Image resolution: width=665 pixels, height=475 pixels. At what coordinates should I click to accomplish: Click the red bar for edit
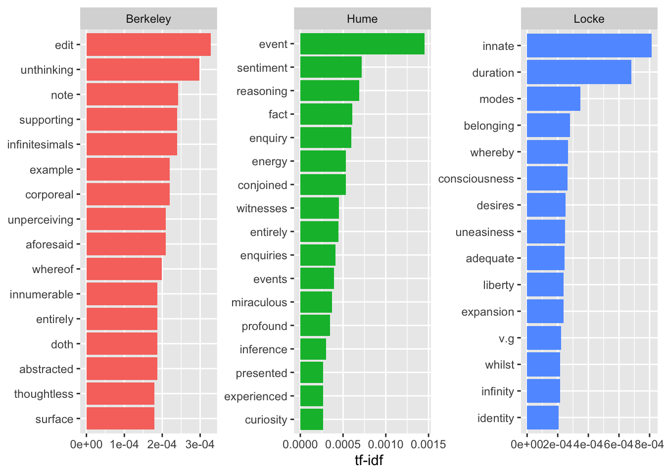click(x=148, y=45)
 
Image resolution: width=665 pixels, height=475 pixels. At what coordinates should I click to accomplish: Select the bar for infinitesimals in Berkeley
click(x=132, y=144)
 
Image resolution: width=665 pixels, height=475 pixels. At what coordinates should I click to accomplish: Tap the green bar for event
click(x=362, y=44)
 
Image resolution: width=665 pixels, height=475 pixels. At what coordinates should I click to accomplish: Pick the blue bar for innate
click(x=589, y=46)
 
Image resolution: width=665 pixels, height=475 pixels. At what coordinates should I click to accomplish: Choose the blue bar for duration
click(x=579, y=72)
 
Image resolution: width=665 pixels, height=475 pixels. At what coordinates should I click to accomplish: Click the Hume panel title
click(x=362, y=19)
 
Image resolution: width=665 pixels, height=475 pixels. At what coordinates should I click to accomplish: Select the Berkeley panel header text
click(x=148, y=19)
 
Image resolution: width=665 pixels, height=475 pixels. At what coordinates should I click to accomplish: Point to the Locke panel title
click(x=589, y=19)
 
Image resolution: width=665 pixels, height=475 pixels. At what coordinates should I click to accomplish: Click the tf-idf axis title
click(x=369, y=461)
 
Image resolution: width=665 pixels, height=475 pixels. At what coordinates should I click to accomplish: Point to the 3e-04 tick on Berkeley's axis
click(x=200, y=444)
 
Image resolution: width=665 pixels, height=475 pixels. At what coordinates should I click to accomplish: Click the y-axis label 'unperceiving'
click(x=41, y=220)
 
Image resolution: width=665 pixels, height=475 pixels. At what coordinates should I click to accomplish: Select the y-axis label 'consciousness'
click(x=476, y=179)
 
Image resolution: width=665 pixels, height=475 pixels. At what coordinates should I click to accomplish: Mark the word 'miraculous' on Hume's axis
click(x=259, y=302)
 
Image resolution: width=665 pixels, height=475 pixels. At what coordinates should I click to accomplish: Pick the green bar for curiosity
click(x=312, y=420)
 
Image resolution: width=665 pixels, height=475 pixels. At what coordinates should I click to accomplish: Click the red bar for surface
click(x=120, y=419)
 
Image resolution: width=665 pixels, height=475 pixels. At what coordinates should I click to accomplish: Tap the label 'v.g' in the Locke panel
click(x=506, y=338)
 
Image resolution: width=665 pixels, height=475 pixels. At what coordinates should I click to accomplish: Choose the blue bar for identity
click(x=542, y=418)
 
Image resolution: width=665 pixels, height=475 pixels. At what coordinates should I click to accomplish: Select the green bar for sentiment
click(x=331, y=67)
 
